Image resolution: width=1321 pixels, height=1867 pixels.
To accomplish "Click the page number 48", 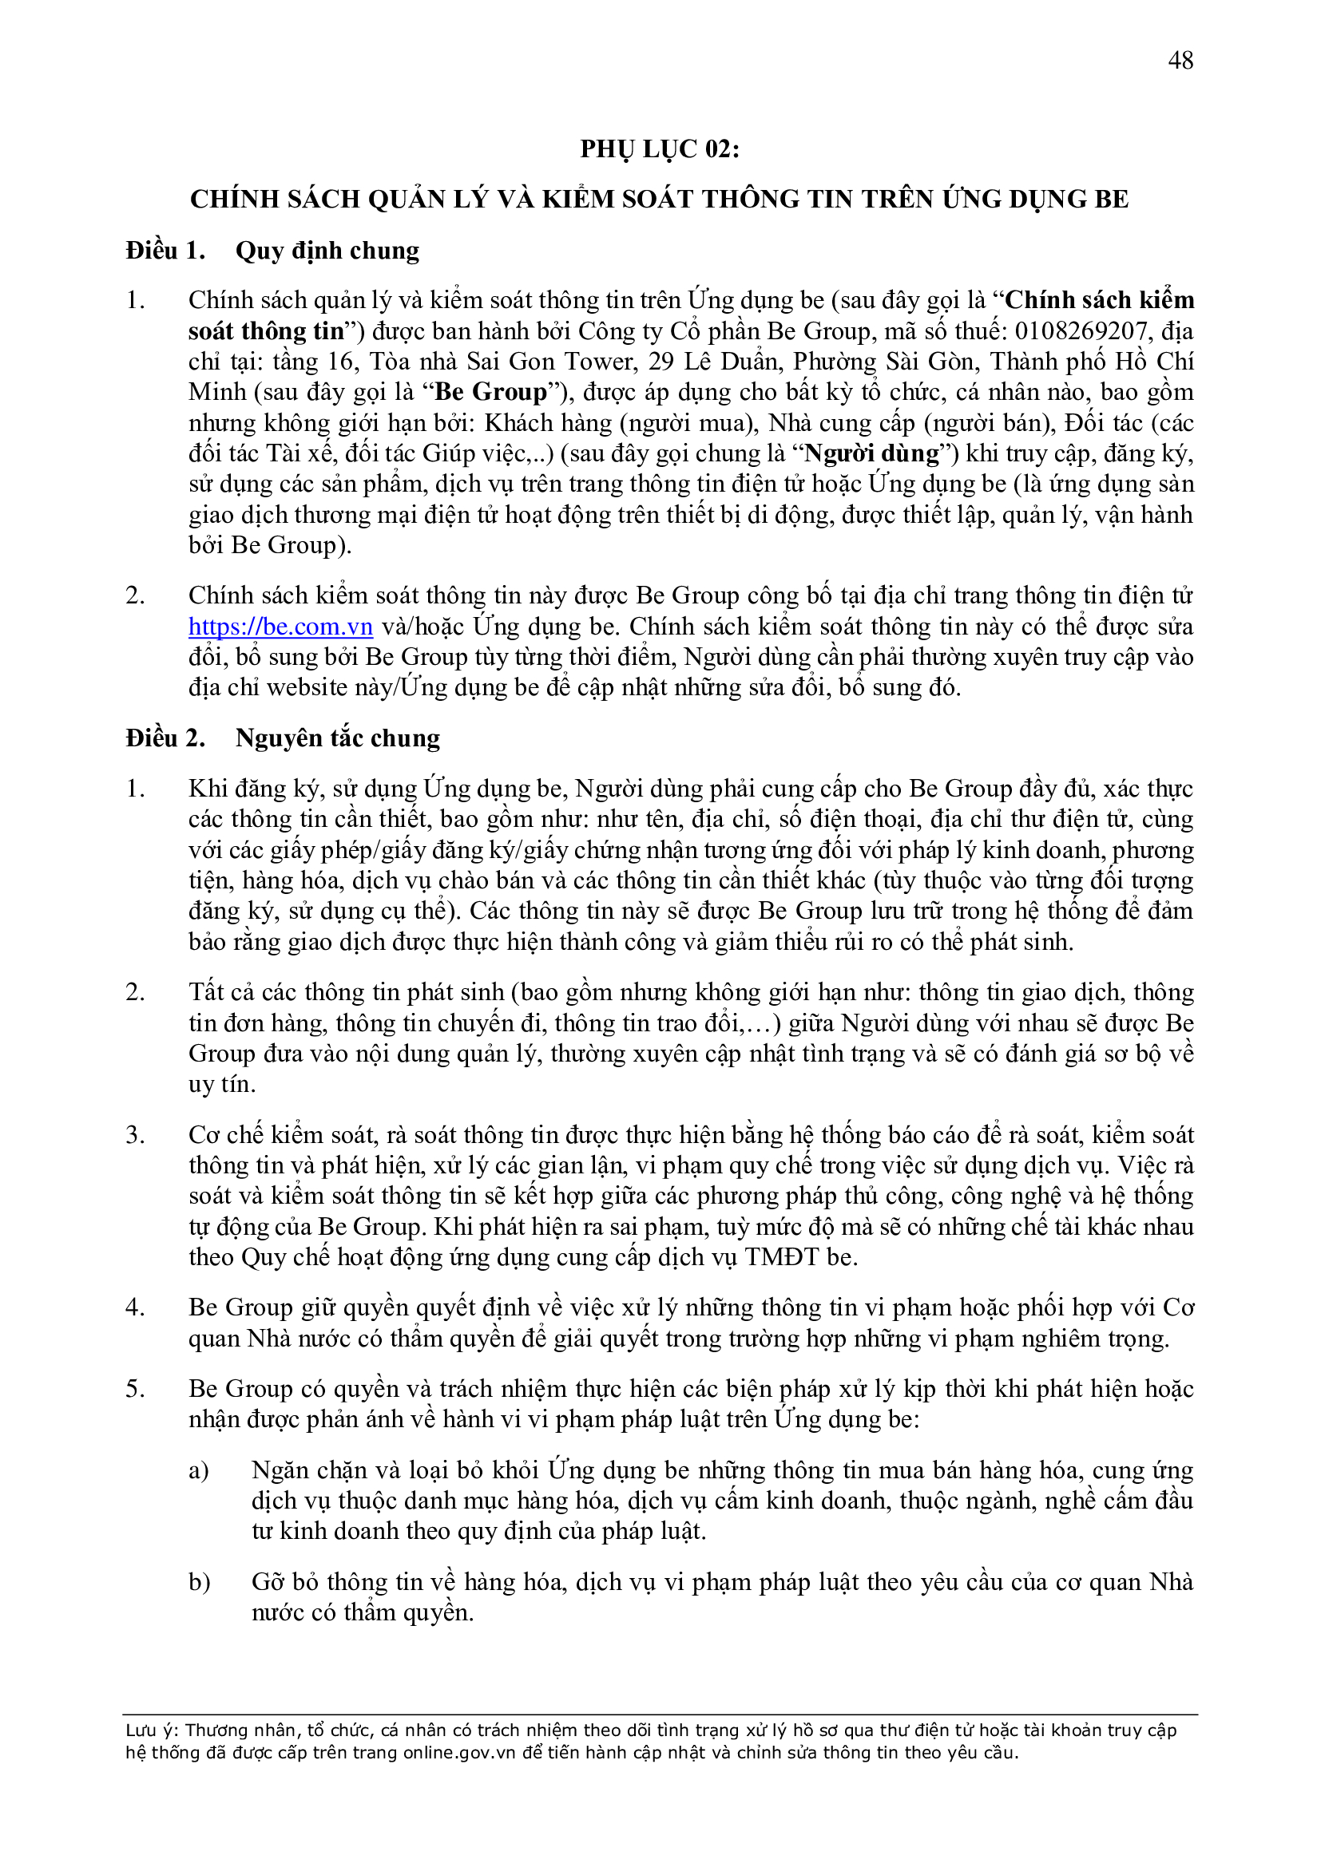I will (1180, 60).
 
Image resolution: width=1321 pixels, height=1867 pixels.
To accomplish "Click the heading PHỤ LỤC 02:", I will (660, 148).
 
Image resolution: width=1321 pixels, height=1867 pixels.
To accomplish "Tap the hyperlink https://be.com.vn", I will (280, 626).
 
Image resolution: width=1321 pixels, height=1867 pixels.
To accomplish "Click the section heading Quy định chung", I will (327, 251).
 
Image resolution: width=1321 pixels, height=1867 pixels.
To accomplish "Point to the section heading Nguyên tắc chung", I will (338, 738).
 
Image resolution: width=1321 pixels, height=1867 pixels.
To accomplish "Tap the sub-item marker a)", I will (199, 1470).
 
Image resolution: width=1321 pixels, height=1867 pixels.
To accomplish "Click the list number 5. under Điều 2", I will (135, 1388).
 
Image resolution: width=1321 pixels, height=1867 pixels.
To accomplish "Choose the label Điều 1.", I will (165, 251).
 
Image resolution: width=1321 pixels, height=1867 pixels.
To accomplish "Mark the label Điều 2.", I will (165, 738).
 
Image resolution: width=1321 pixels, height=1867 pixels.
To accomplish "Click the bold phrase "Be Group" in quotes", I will (491, 392).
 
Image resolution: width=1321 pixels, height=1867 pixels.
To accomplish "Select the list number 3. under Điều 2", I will (135, 1134).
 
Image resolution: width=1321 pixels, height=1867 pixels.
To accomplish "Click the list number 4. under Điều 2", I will (135, 1307).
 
